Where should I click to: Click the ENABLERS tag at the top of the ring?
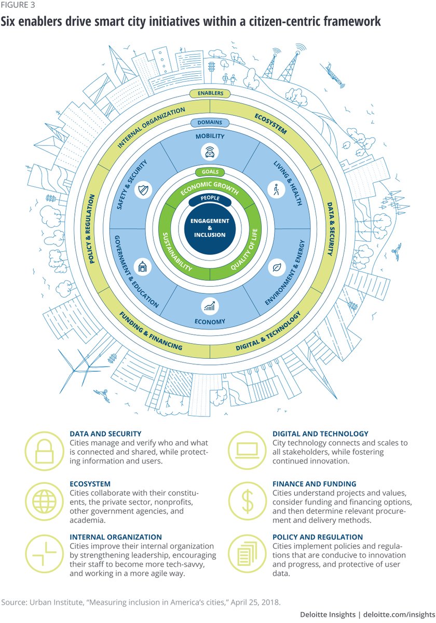(210, 93)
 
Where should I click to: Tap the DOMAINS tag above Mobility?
(210, 123)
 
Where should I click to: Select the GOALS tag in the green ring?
(210, 172)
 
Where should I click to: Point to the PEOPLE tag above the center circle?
(210, 198)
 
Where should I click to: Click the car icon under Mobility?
(210, 152)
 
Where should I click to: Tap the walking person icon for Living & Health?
(275, 189)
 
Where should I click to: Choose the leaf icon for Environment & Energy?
(275, 268)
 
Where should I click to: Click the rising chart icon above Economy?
(210, 306)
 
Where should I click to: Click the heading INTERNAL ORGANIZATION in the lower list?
(115, 537)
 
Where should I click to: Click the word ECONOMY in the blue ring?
(210, 322)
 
